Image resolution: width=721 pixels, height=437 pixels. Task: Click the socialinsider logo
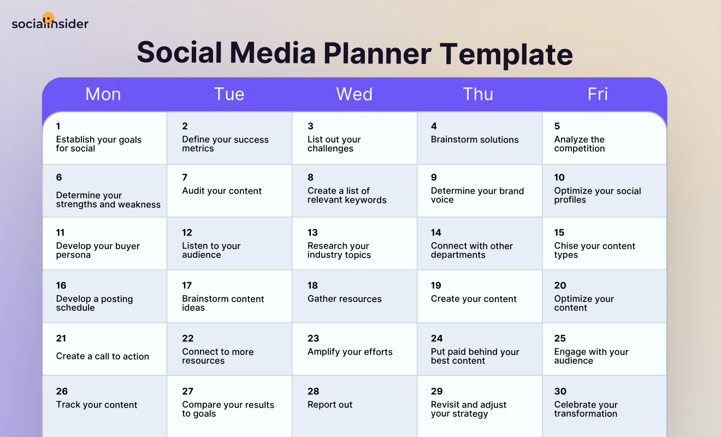click(50, 22)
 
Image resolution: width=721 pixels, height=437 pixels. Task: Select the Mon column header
click(103, 94)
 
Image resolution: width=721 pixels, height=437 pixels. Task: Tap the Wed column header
click(354, 94)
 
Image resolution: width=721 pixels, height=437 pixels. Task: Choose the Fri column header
click(598, 94)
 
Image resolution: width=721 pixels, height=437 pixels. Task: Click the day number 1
click(58, 126)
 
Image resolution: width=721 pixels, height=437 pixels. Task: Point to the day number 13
click(312, 233)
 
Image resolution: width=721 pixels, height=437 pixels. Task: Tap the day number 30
click(560, 392)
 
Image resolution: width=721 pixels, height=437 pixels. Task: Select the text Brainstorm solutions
click(475, 140)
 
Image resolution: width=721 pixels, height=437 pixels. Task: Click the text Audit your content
click(222, 191)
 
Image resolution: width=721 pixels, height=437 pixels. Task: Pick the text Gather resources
click(345, 299)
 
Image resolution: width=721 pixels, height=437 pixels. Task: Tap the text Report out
click(330, 405)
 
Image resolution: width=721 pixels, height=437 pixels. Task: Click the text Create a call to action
click(103, 357)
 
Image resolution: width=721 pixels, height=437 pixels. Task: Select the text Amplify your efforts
click(350, 352)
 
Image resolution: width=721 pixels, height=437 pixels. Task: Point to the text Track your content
click(97, 405)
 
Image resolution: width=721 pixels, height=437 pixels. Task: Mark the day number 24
click(437, 339)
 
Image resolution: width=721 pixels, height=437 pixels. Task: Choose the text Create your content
click(474, 299)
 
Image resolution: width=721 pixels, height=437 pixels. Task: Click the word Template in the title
click(506, 54)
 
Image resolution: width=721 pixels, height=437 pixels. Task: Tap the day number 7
click(185, 178)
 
